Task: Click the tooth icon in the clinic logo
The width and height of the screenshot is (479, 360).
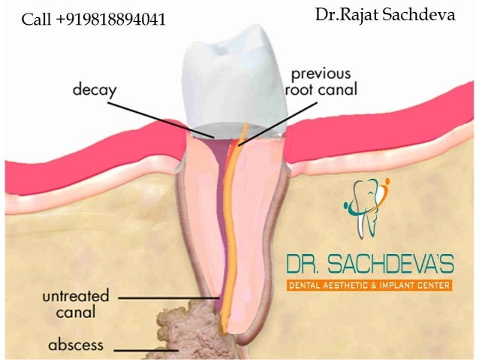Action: click(x=366, y=204)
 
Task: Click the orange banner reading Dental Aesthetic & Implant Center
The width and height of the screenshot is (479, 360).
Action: click(x=369, y=285)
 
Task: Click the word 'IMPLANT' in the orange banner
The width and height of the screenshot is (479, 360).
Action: click(x=400, y=285)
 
